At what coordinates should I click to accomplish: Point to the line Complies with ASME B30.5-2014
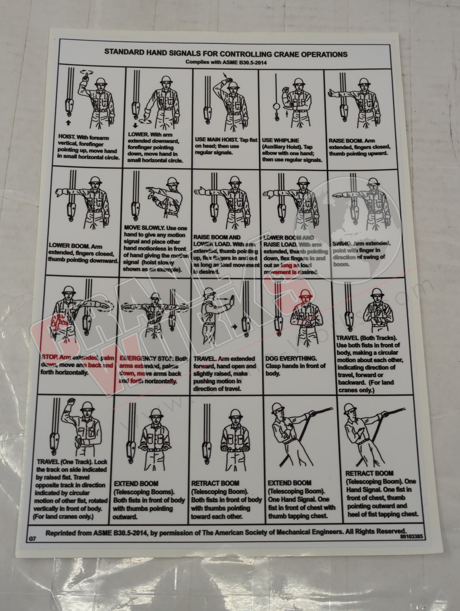pyautogui.click(x=226, y=62)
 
